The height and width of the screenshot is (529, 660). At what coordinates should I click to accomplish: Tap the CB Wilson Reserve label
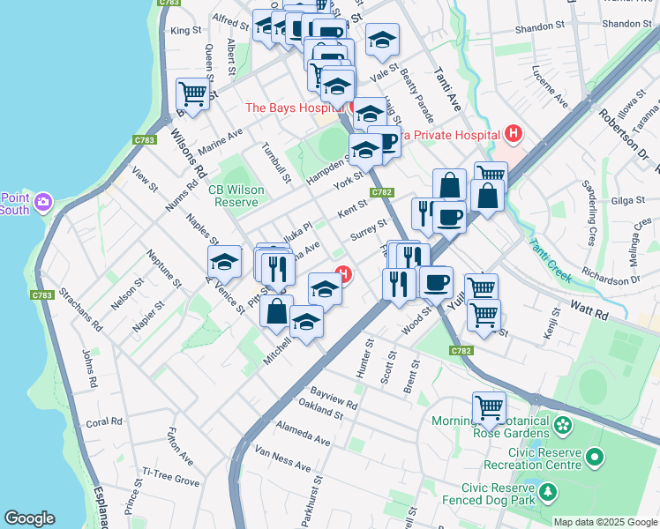232,195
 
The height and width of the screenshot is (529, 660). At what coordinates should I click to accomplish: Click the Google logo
30,518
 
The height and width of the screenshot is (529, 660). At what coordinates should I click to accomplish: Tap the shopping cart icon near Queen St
192,93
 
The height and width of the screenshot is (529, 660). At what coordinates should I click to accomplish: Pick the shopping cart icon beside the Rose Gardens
488,406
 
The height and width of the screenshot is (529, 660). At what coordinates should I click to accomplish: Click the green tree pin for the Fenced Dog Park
550,491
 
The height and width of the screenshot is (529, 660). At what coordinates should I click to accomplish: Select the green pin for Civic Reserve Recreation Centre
595,458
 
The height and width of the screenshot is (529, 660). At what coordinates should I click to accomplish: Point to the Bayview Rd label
334,399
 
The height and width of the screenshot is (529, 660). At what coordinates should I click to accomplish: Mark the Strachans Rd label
79,310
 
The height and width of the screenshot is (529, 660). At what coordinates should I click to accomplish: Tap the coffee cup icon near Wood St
436,282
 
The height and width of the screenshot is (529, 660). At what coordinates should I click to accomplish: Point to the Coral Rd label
104,422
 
